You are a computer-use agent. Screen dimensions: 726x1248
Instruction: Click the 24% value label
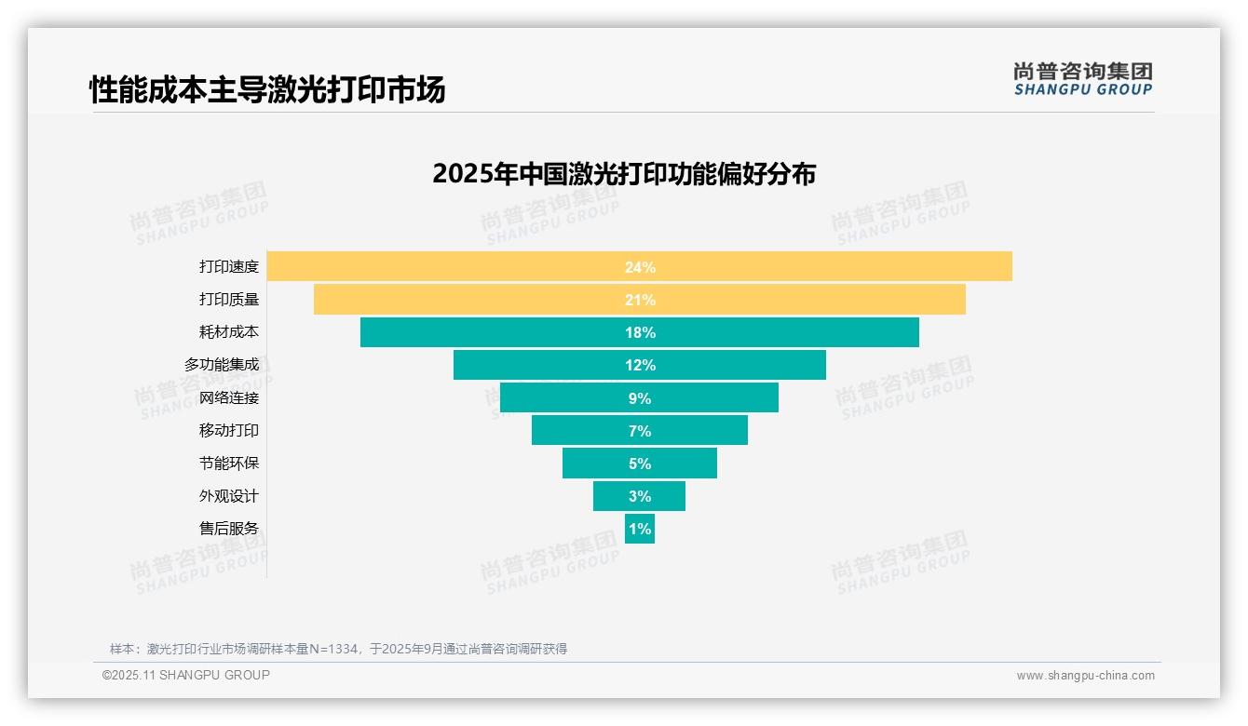tap(640, 267)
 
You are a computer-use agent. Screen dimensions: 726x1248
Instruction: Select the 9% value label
tap(640, 398)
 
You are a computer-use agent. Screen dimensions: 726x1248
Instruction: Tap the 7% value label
tap(640, 431)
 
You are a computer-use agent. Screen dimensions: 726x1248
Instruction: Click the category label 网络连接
tap(229, 398)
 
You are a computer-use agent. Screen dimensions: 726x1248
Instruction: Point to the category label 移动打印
tap(229, 431)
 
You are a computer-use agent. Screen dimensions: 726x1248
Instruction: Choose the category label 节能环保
tap(229, 464)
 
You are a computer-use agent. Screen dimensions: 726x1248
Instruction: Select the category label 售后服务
tap(229, 529)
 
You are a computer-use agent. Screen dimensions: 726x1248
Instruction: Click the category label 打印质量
tap(229, 300)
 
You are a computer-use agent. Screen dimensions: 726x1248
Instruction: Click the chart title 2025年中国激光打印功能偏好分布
tap(624, 174)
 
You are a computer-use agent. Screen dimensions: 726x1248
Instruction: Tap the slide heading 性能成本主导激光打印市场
tap(267, 89)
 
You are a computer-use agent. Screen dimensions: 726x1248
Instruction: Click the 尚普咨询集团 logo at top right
tap(1082, 79)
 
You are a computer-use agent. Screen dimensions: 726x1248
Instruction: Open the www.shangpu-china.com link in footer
tap(1085, 676)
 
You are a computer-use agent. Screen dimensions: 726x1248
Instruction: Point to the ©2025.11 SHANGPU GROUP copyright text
tap(186, 675)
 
